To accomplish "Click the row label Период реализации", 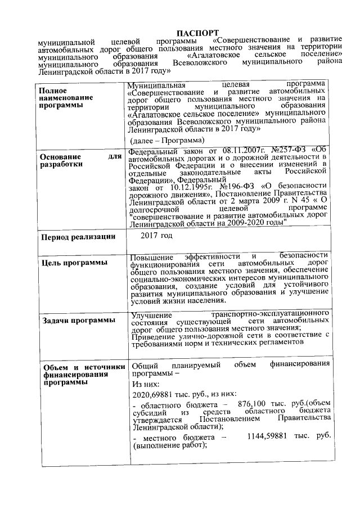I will (x=77, y=236).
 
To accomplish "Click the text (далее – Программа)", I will (x=167, y=138).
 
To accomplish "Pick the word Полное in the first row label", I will (x=53, y=91).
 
